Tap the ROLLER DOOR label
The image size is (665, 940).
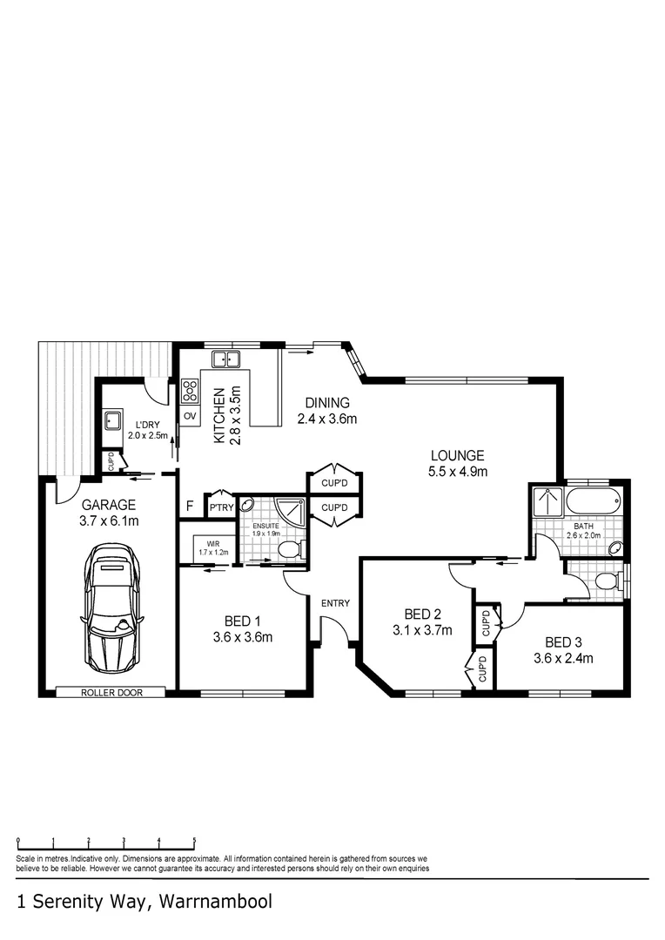pyautogui.click(x=111, y=693)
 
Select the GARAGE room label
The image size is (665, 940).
pyautogui.click(x=109, y=505)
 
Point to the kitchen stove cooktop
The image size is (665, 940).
pyautogui.click(x=189, y=392)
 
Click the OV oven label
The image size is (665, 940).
pyautogui.click(x=189, y=417)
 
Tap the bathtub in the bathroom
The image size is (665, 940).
pyautogui.click(x=594, y=501)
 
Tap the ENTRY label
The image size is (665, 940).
pyautogui.click(x=335, y=603)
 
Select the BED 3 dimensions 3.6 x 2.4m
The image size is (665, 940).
pyautogui.click(x=563, y=658)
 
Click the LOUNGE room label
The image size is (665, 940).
pyautogui.click(x=457, y=455)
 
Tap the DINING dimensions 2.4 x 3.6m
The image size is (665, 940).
pyautogui.click(x=327, y=419)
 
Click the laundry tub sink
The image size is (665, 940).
pyautogui.click(x=112, y=421)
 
